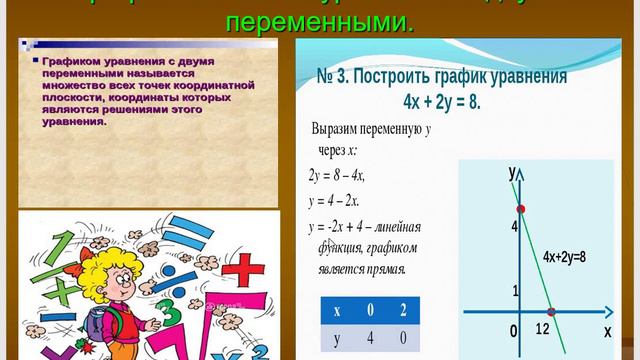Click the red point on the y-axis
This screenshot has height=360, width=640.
click(520, 209)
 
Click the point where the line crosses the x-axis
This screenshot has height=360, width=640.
click(551, 313)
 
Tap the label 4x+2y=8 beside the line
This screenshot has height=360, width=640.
click(564, 257)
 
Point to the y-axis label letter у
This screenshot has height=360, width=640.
click(512, 172)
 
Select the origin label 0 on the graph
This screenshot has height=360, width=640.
click(513, 330)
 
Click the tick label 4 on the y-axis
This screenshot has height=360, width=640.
click(514, 227)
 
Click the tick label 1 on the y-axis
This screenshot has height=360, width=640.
click(515, 291)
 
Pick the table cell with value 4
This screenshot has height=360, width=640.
click(369, 338)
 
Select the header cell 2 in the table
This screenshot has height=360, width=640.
click(403, 309)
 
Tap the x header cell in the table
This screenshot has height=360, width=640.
click(336, 309)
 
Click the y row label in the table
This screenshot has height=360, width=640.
click(336, 338)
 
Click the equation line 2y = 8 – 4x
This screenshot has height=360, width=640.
click(337, 175)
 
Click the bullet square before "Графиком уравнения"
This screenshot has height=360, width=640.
click(36, 61)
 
